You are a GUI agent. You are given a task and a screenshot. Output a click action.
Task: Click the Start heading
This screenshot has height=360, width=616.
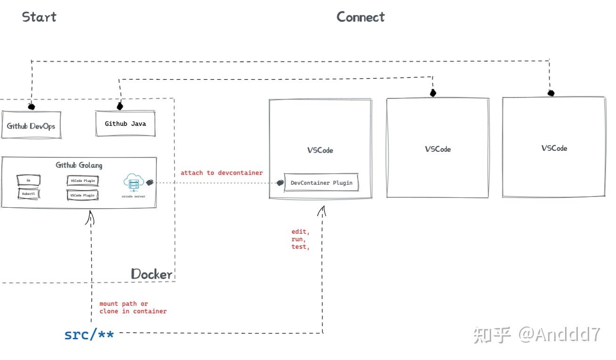tap(39, 17)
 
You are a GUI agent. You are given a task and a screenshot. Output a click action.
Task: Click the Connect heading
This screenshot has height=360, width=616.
tap(361, 17)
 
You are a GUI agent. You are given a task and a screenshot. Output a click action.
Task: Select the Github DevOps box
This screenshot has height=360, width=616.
tap(31, 126)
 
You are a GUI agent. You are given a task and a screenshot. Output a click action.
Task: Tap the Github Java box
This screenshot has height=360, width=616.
tap(125, 124)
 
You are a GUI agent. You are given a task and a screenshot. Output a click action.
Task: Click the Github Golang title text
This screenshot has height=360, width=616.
tap(79, 165)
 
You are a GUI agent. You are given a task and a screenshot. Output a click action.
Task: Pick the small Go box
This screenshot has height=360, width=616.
tap(28, 180)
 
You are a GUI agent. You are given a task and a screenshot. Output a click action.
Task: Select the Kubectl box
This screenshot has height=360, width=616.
tap(28, 194)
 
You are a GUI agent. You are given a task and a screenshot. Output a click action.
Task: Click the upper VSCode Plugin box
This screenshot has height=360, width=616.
tap(82, 180)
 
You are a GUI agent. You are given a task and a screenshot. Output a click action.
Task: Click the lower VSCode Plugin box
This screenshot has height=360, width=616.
tap(82, 195)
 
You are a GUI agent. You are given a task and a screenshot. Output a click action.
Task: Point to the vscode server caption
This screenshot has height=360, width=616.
tap(133, 196)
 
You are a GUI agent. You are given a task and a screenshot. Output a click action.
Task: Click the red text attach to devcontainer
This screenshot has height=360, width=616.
tap(222, 173)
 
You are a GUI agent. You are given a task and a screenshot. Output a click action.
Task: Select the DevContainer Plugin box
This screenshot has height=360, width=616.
tap(321, 183)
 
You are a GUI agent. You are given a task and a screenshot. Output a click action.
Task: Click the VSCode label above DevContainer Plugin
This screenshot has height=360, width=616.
tap(320, 150)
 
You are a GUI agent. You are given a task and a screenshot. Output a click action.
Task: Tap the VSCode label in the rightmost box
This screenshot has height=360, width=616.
tap(554, 148)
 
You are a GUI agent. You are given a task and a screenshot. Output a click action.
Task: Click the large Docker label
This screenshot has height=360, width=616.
tap(151, 274)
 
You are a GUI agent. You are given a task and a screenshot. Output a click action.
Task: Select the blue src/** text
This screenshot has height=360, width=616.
tap(89, 335)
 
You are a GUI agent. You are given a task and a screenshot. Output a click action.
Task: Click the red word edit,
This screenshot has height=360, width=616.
tap(300, 232)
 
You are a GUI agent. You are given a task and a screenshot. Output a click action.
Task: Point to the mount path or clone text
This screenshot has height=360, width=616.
tap(133, 308)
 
